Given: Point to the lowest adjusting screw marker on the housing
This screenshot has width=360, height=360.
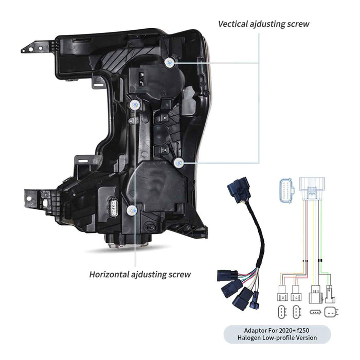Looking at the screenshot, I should [133, 210].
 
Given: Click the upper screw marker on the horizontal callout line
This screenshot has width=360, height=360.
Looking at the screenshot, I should [135, 105].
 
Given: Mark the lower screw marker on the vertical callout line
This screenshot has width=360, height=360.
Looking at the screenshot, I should [178, 163].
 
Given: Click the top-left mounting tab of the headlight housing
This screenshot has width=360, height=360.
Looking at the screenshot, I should [31, 48].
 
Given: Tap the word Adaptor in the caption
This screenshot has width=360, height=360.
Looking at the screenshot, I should [257, 329].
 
